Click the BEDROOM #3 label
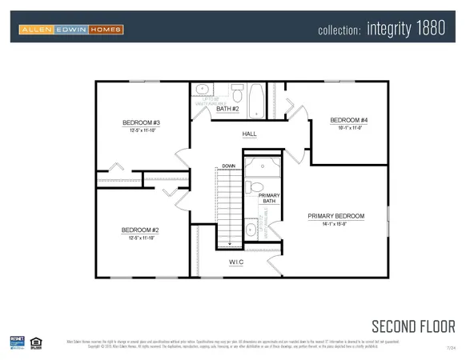(x=141, y=122)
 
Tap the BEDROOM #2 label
(x=141, y=230)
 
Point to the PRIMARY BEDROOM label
(x=336, y=216)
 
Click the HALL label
(x=249, y=134)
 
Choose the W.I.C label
(x=236, y=262)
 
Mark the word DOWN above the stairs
(x=228, y=167)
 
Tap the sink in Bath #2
(x=202, y=90)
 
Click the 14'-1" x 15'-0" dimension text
(x=336, y=225)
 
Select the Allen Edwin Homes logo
(x=71, y=30)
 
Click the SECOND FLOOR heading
(x=412, y=326)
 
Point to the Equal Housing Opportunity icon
(x=34, y=342)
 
